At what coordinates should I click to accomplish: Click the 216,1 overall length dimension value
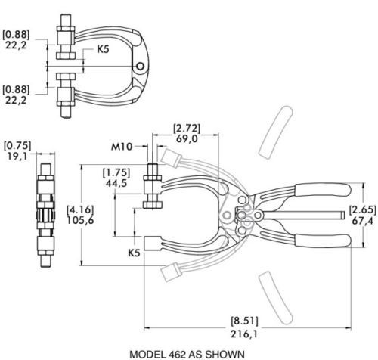click(244, 334)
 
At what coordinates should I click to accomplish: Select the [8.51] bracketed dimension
click(245, 321)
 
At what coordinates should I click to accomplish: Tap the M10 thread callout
click(122, 147)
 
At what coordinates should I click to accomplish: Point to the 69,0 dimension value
click(187, 138)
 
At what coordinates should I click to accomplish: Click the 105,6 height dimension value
click(80, 220)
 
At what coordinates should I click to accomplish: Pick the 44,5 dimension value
click(116, 184)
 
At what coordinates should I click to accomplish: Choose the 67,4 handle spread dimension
click(363, 222)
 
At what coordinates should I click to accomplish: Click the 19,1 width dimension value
click(17, 157)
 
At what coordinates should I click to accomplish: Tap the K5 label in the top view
click(103, 49)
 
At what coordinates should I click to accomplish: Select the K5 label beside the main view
click(134, 253)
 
